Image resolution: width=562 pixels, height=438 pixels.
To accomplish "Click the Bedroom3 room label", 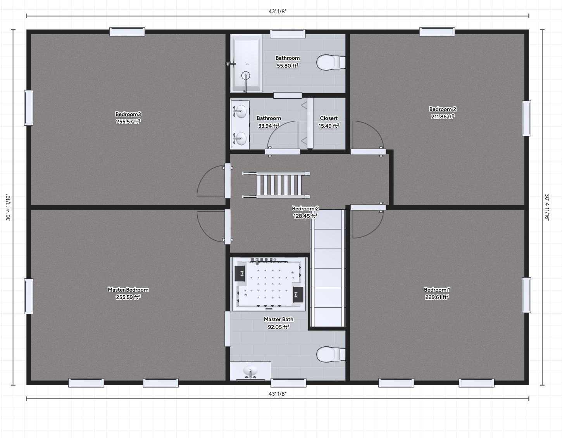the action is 128,114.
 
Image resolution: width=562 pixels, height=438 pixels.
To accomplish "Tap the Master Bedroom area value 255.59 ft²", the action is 128,297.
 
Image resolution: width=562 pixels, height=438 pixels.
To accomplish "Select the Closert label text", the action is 329,118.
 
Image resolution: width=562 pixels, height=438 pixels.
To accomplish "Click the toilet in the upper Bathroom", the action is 331,63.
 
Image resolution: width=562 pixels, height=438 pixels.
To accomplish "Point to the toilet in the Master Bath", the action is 331,355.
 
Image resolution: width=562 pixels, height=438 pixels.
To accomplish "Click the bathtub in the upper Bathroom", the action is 247,63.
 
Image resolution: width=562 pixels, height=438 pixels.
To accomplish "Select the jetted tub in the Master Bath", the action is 269,284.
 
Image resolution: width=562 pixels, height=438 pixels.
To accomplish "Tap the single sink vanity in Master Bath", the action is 250,371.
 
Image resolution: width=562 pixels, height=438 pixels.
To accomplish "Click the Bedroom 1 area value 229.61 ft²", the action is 437,297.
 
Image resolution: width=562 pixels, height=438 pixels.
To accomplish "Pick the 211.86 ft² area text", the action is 443,116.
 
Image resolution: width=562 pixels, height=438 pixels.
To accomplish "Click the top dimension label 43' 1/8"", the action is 278,11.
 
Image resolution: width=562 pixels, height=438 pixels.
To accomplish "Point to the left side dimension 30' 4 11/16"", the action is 8,207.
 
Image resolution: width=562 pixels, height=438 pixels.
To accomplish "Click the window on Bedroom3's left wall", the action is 29,108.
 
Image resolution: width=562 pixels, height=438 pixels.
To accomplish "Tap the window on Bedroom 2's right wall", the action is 526,118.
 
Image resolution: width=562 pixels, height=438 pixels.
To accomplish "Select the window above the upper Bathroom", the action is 288,34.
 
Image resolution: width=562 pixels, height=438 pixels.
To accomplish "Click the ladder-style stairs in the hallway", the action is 276,185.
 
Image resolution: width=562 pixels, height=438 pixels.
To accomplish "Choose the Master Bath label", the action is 279,319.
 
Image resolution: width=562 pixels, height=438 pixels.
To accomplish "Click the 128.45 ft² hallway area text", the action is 305,216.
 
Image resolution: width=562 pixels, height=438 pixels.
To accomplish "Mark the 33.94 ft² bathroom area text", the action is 269,126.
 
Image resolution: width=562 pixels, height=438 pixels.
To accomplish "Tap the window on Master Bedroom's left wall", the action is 29,296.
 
